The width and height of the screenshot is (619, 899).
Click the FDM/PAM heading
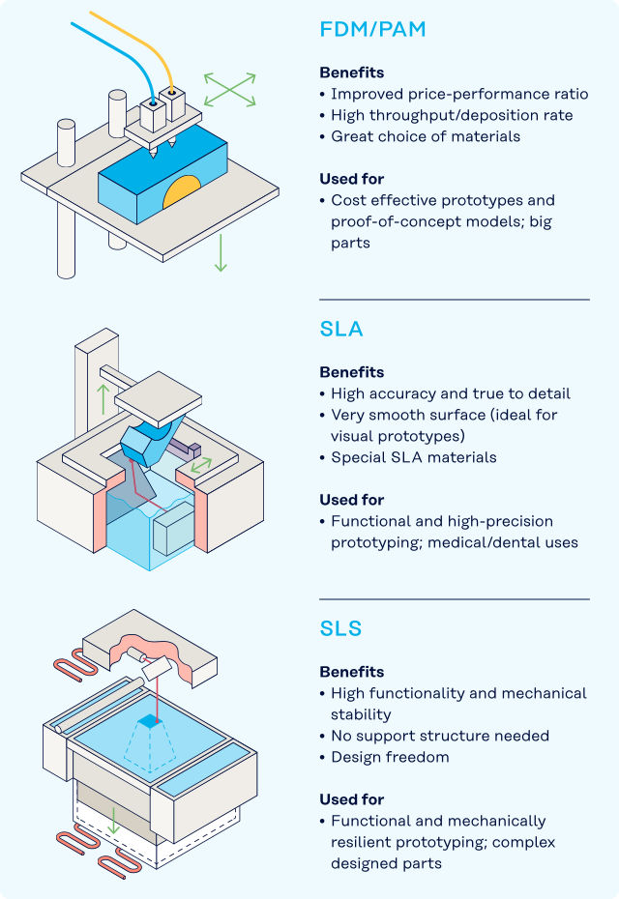coord(372,29)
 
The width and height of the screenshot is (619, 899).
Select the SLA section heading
coord(341,329)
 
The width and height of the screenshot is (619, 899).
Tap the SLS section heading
coord(340,628)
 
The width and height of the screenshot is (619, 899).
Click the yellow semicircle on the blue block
coord(181,192)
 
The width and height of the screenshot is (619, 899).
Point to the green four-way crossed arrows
coord(229,90)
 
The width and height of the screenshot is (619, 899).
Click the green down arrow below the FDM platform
coord(221,252)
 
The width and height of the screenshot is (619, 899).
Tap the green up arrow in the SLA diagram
coord(103,399)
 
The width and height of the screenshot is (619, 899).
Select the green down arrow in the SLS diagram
coord(113,821)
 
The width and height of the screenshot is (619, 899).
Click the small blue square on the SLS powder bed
coord(150,721)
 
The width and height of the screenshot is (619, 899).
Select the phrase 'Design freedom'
coord(390,757)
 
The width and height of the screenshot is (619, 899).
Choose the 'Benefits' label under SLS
coord(352,672)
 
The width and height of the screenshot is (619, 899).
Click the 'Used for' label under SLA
coord(352,500)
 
